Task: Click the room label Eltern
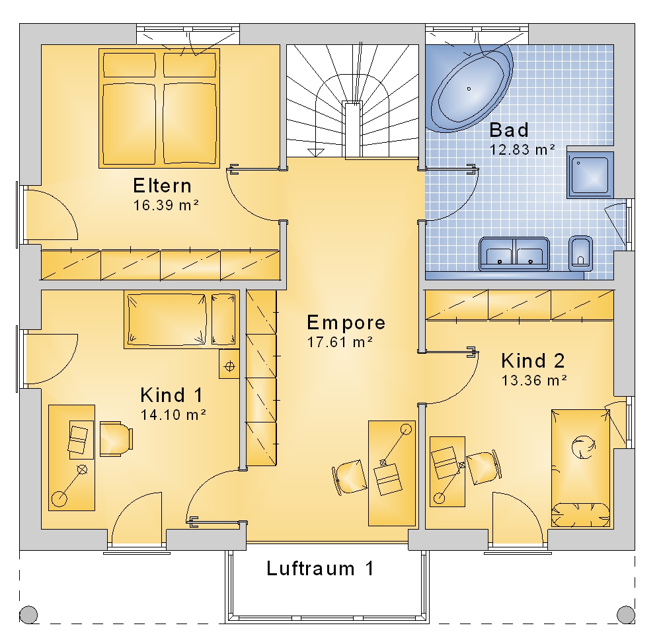click(x=163, y=186)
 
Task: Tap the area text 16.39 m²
click(x=166, y=206)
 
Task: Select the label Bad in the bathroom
click(x=509, y=130)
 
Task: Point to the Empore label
click(x=346, y=323)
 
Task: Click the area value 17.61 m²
click(x=340, y=342)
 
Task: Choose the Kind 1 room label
click(x=172, y=395)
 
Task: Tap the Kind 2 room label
click(x=533, y=361)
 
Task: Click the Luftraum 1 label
click(x=320, y=569)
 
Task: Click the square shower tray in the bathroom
click(x=590, y=175)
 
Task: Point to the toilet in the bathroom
click(x=580, y=253)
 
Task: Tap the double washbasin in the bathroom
click(x=514, y=254)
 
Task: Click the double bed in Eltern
click(x=159, y=108)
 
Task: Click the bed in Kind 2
click(x=580, y=468)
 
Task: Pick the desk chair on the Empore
click(x=350, y=477)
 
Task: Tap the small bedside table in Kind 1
click(x=229, y=364)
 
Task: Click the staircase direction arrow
click(x=316, y=153)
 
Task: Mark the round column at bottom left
click(x=28, y=614)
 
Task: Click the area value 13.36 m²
click(x=534, y=380)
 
